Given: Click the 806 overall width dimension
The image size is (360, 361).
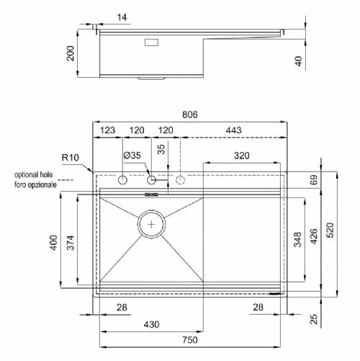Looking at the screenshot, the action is pos(190,115).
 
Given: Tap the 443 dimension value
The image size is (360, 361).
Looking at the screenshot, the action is pos(233,130).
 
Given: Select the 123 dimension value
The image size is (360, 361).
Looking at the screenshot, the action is pos(107,130).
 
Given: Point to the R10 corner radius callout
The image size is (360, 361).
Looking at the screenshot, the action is pos(71,158).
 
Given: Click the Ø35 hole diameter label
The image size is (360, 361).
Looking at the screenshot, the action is pos(132,156).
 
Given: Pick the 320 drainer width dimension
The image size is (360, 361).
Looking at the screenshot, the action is pos(242,156).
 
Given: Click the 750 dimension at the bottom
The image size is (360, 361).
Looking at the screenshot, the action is pos(190,340).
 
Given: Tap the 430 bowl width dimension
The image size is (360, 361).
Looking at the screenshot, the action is pos(151,325).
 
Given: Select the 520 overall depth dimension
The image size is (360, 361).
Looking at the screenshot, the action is pos(330,230).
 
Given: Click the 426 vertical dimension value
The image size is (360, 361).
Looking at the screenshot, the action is pos(314,236).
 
